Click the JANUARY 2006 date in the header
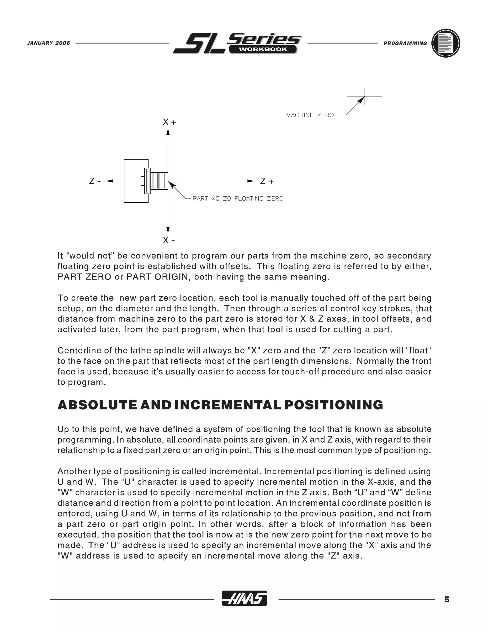click(49, 43)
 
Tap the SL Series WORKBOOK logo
click(237, 44)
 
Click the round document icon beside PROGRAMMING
click(446, 43)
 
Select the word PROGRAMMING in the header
click(405, 43)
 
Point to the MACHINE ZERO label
click(310, 115)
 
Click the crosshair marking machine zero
click(364, 96)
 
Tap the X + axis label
click(169, 122)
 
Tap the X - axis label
click(169, 240)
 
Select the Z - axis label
click(95, 182)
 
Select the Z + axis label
click(266, 182)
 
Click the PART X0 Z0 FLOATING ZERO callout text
click(238, 198)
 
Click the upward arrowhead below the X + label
click(168, 132)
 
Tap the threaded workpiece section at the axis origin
click(159, 181)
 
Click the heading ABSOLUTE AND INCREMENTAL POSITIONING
click(220, 405)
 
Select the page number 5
click(447, 599)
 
